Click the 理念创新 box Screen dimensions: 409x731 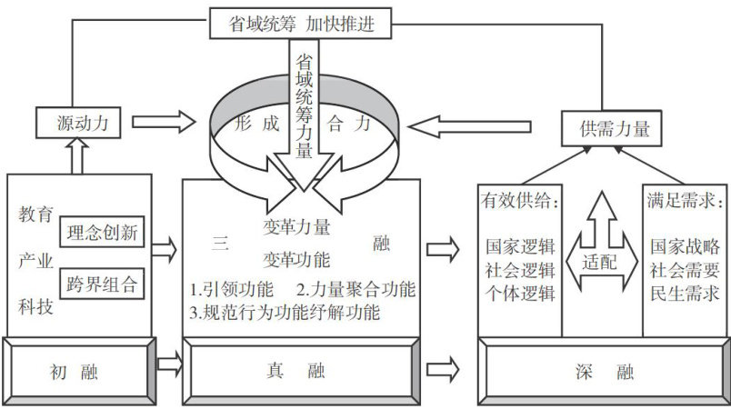tap(102, 233)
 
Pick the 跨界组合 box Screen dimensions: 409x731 tap(102, 284)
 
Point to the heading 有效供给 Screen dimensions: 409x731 tap(521, 200)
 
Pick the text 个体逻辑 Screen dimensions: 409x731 tap(521, 293)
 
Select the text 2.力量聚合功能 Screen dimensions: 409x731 tap(355, 291)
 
